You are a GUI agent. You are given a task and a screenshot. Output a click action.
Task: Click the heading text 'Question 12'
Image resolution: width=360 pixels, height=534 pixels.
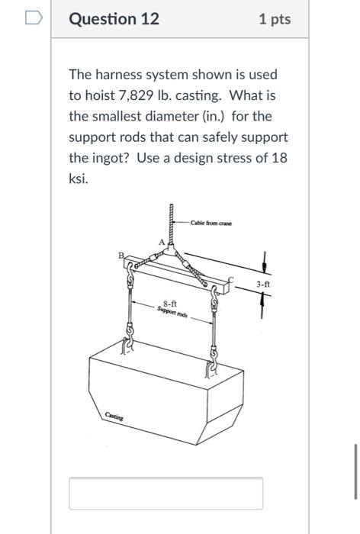pos(114,19)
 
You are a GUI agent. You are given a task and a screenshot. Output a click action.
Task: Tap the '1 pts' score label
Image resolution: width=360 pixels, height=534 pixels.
pos(275,19)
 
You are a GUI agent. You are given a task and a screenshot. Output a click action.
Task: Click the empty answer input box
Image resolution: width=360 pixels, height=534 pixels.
pos(166,493)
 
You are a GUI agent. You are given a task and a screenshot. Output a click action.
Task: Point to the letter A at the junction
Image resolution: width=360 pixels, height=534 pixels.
pos(160,242)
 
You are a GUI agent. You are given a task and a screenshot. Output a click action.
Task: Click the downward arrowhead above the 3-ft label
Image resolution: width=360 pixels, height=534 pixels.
pos(264,266)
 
